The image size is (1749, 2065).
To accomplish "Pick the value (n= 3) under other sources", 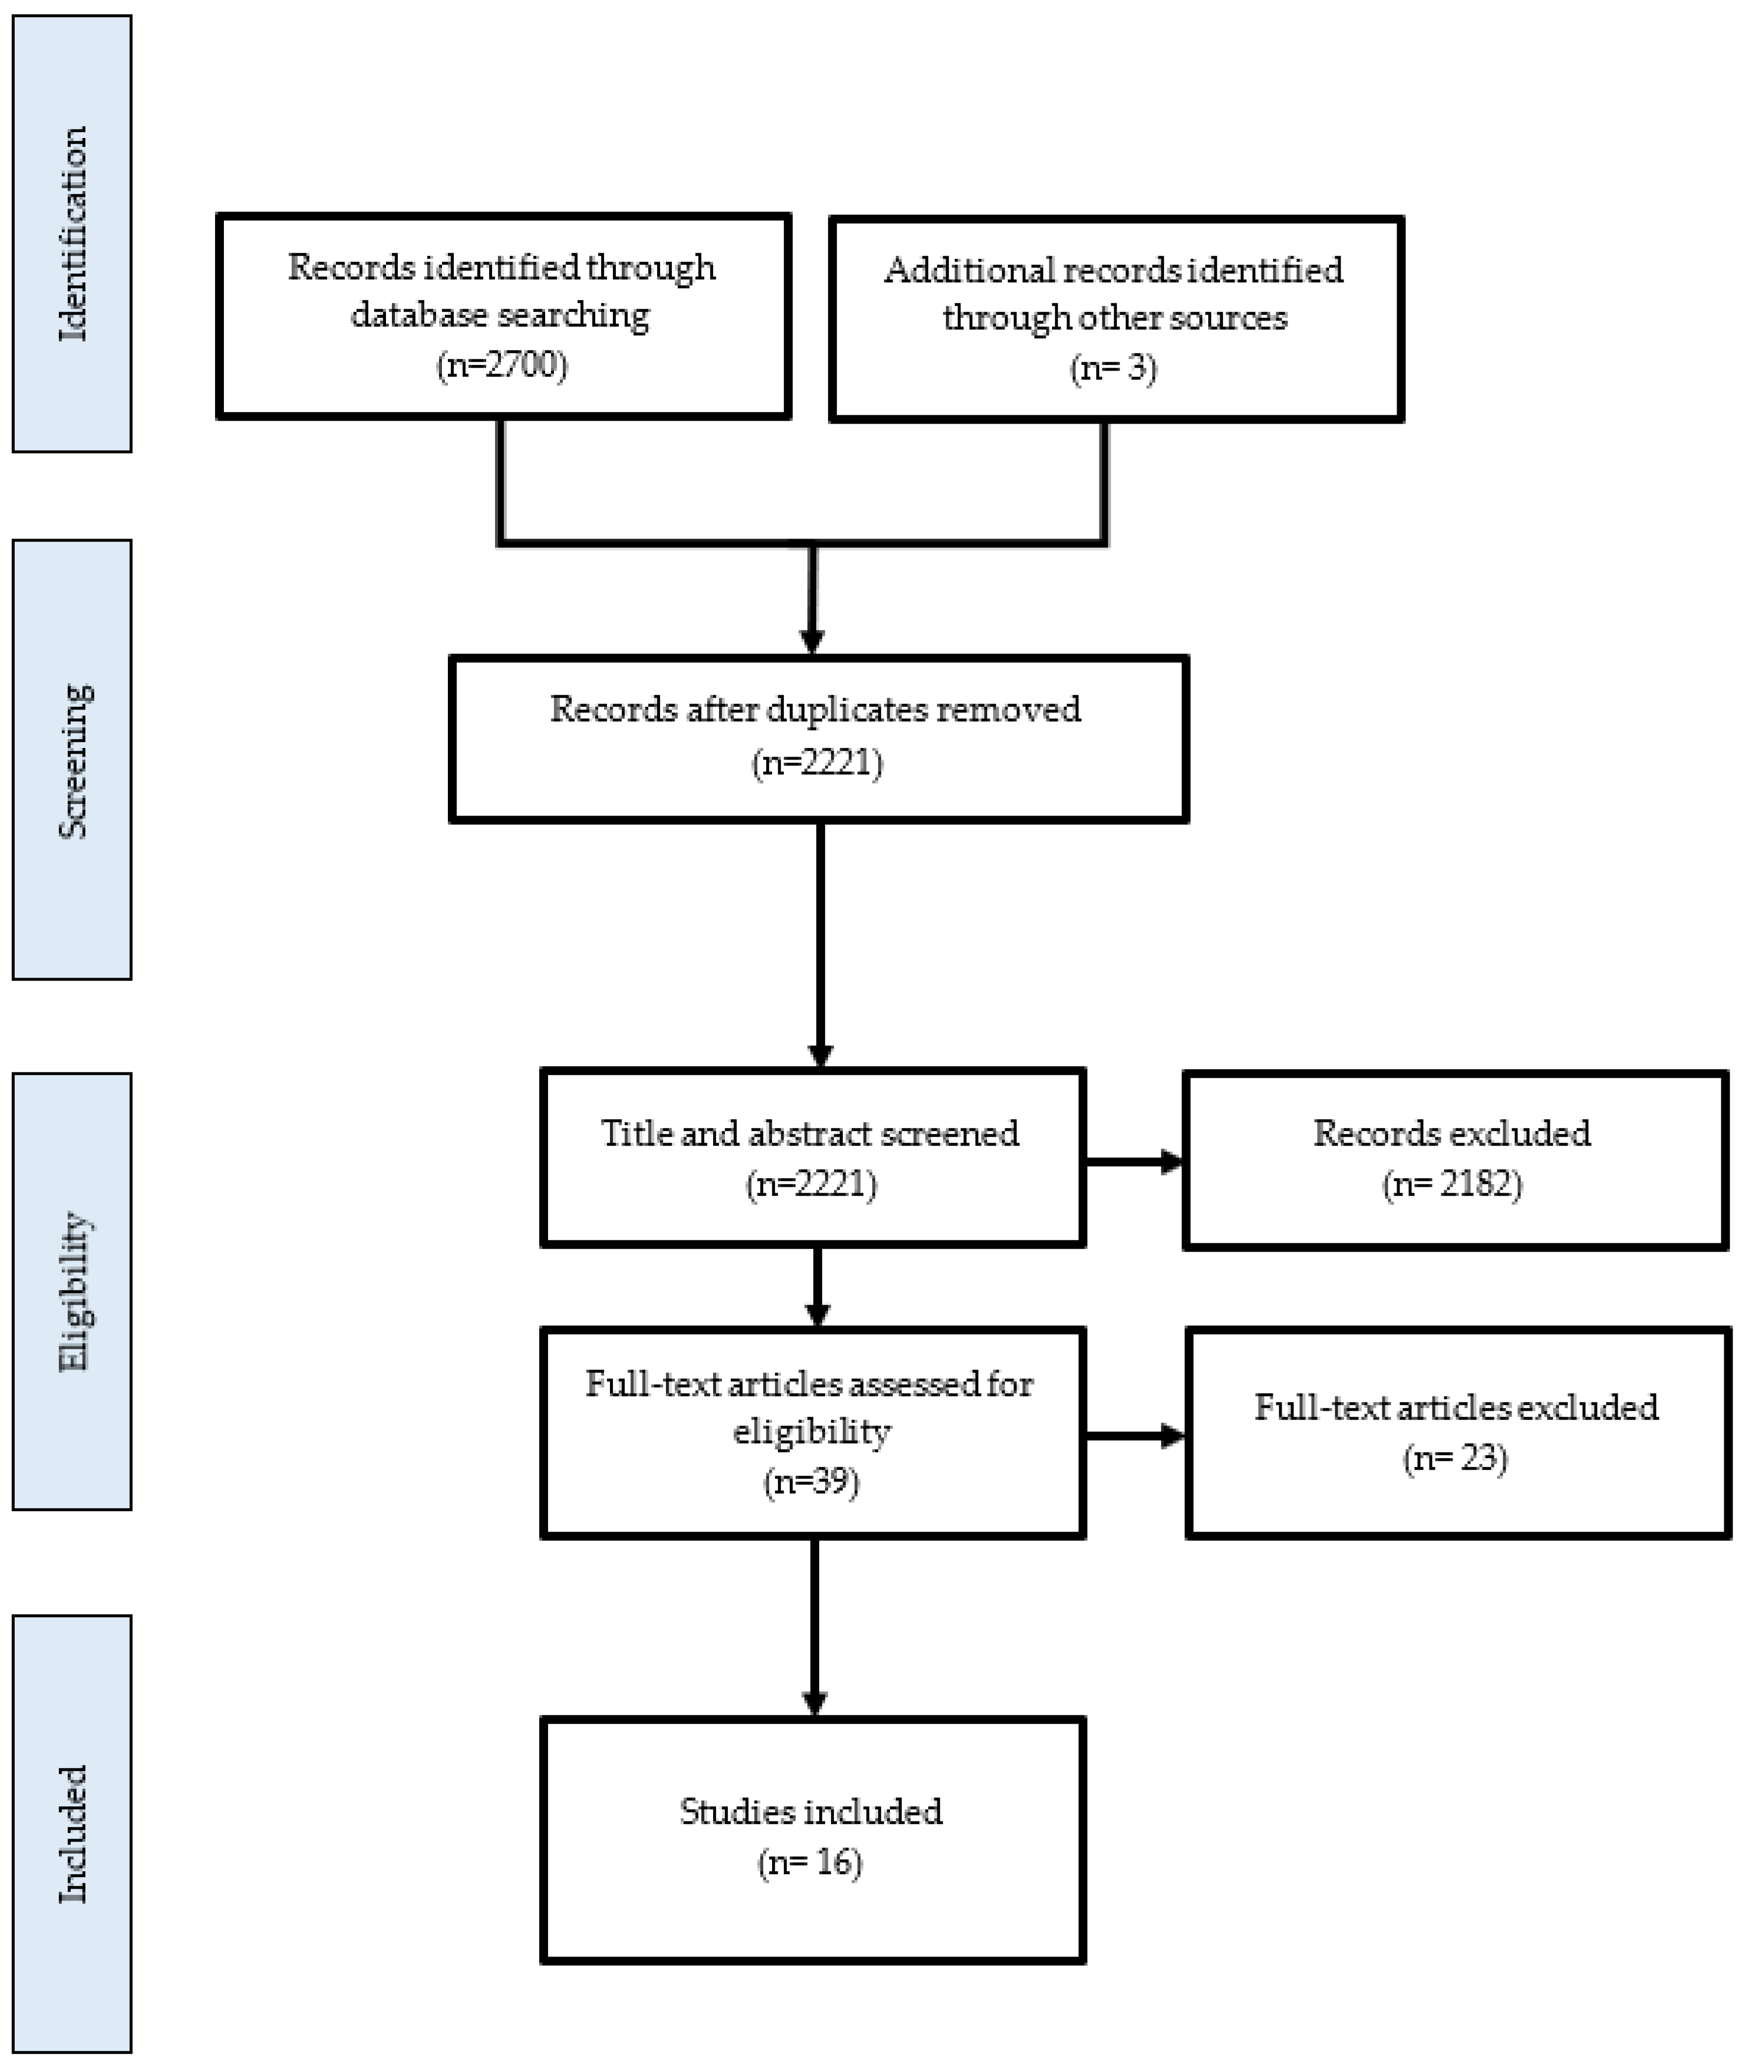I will [x=1113, y=368].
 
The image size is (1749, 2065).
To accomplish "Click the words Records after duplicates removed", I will [x=815, y=709].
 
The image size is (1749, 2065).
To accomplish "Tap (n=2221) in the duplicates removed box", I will [x=817, y=763].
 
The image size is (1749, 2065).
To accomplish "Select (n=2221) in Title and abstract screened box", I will [x=811, y=1184].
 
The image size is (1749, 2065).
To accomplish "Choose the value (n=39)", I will [x=811, y=1481].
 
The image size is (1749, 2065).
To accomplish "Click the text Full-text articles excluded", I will [x=1456, y=1407].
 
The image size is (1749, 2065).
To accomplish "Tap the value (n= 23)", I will [x=1456, y=1459].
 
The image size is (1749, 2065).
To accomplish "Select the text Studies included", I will [x=811, y=1811].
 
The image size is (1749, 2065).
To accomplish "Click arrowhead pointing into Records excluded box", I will [x=1172, y=1162].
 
